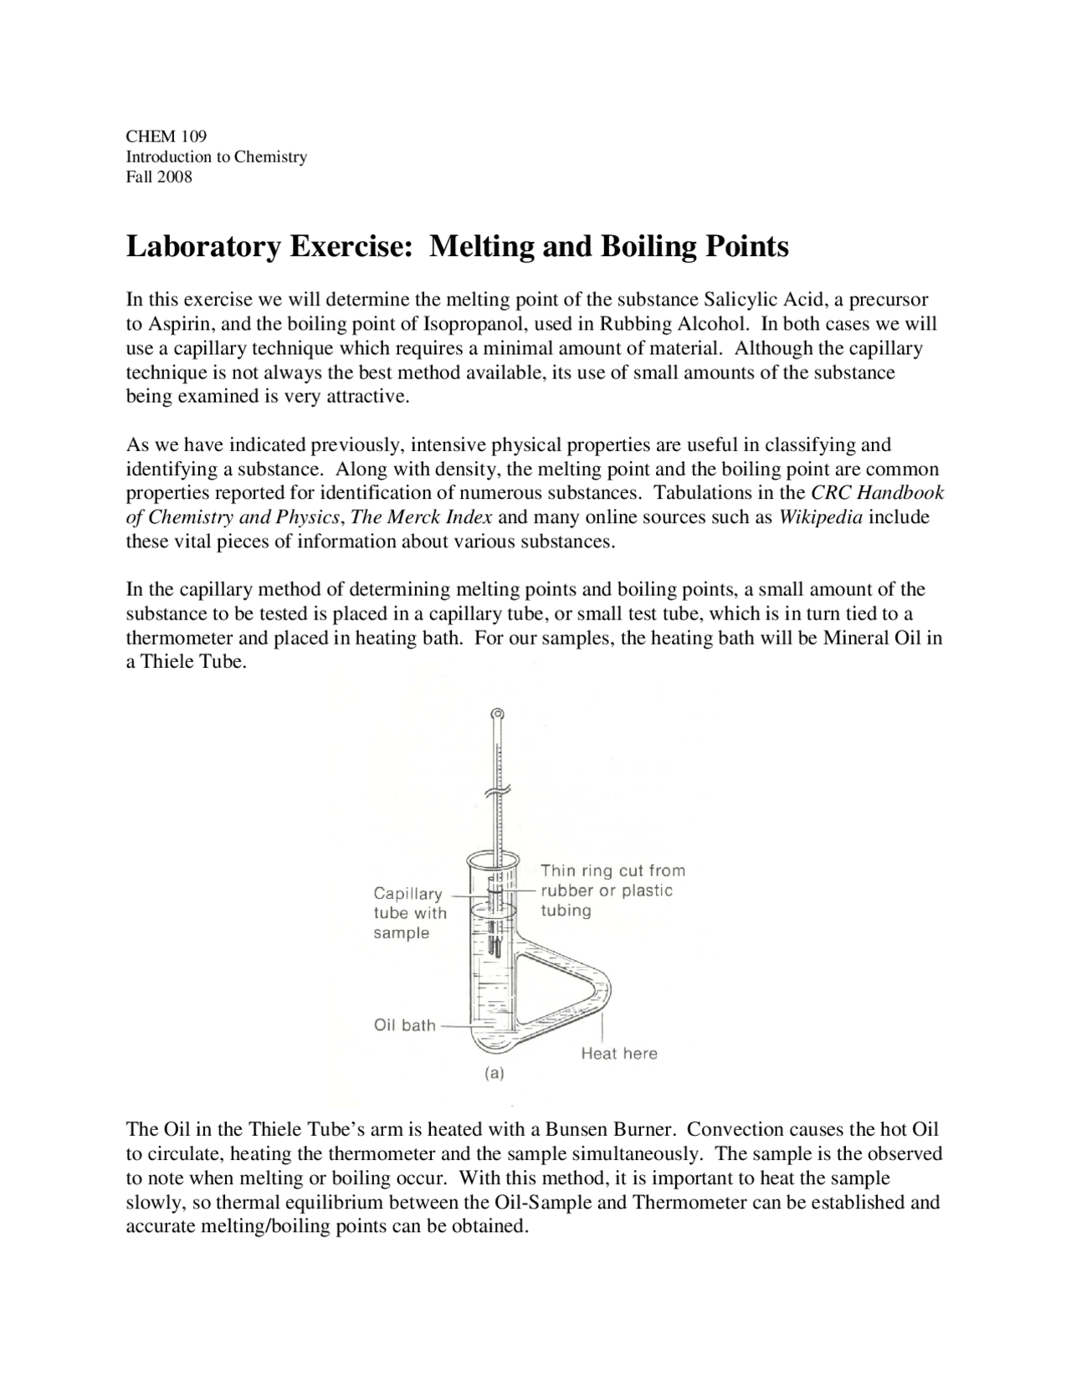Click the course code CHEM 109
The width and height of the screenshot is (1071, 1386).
tap(166, 136)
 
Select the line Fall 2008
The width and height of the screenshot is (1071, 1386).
tap(159, 177)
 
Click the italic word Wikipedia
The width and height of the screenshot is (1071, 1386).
tap(820, 517)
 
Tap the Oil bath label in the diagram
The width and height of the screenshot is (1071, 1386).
tap(405, 1025)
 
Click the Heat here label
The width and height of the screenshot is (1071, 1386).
tap(619, 1054)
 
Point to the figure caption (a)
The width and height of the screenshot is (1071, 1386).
tap(494, 1072)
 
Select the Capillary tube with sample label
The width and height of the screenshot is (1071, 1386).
tap(409, 913)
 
